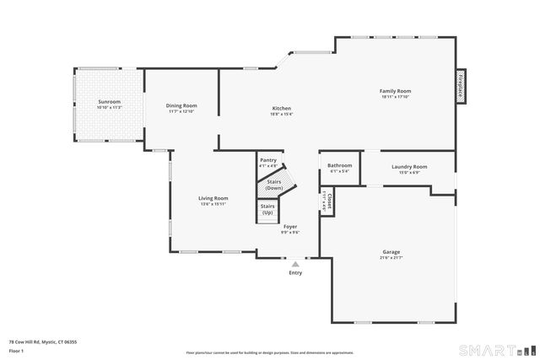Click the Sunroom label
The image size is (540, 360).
(x=110, y=102)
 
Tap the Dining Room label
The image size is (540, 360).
(x=181, y=105)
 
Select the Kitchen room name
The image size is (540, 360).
(x=281, y=109)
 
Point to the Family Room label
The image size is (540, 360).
(x=395, y=90)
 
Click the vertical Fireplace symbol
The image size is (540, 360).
(x=461, y=86)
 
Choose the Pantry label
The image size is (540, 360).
(x=268, y=160)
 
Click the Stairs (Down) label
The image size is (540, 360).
(x=274, y=184)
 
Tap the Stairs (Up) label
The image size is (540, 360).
(x=267, y=208)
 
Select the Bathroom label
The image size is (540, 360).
(x=339, y=166)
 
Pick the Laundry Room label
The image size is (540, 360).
(x=409, y=167)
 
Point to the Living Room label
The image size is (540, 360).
(x=213, y=198)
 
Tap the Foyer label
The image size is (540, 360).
(x=289, y=227)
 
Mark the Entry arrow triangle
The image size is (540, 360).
(x=295, y=264)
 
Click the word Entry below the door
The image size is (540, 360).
(x=295, y=272)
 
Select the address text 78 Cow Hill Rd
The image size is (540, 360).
(x=42, y=342)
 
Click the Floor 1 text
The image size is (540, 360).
(x=16, y=350)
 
